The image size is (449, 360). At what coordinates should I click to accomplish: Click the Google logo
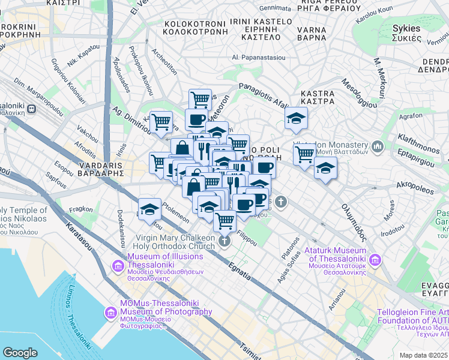(x=20, y=352)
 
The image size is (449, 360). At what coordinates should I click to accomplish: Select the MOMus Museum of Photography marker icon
(x=110, y=312)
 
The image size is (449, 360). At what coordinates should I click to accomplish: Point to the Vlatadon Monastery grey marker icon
(x=378, y=146)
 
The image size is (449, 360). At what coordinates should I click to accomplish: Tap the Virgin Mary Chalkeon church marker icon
(x=224, y=241)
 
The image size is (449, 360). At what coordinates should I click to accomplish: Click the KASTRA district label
(x=317, y=94)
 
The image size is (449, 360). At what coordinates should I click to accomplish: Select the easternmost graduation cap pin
(x=325, y=167)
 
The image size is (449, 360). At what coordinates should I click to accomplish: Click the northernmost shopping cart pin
(x=200, y=98)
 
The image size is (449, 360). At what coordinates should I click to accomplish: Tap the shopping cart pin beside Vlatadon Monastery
(x=304, y=153)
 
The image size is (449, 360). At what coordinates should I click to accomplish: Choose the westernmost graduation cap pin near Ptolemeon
(x=149, y=209)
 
